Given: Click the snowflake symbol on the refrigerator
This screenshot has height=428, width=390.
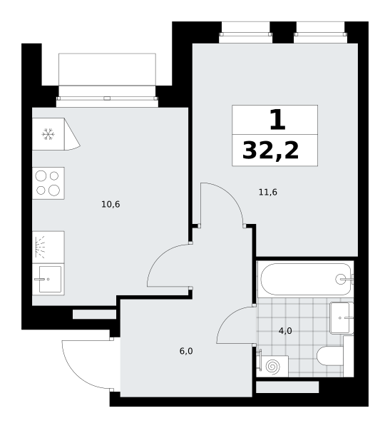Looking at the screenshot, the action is [x=48, y=134].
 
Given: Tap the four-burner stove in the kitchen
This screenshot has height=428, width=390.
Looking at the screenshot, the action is [x=48, y=183].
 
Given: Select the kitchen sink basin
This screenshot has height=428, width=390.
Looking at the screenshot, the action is [x=50, y=279].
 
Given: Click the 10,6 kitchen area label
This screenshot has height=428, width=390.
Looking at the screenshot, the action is [x=111, y=204].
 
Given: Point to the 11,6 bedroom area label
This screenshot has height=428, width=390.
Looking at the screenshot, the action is [x=268, y=192].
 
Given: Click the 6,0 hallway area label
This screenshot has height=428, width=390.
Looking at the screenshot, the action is [x=186, y=351].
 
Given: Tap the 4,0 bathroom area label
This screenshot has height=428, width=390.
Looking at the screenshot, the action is [x=285, y=331].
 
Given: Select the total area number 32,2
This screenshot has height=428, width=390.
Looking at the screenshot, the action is [x=270, y=150].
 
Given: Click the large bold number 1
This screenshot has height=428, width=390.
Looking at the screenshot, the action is [x=277, y=120].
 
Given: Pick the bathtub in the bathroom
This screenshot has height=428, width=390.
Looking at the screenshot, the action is [x=306, y=279].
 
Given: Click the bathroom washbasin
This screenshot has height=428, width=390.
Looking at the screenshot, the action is [x=341, y=318].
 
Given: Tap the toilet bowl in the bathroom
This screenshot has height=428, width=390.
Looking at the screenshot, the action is [x=329, y=356].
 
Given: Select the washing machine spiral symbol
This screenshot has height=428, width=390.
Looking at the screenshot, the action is [x=272, y=367].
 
